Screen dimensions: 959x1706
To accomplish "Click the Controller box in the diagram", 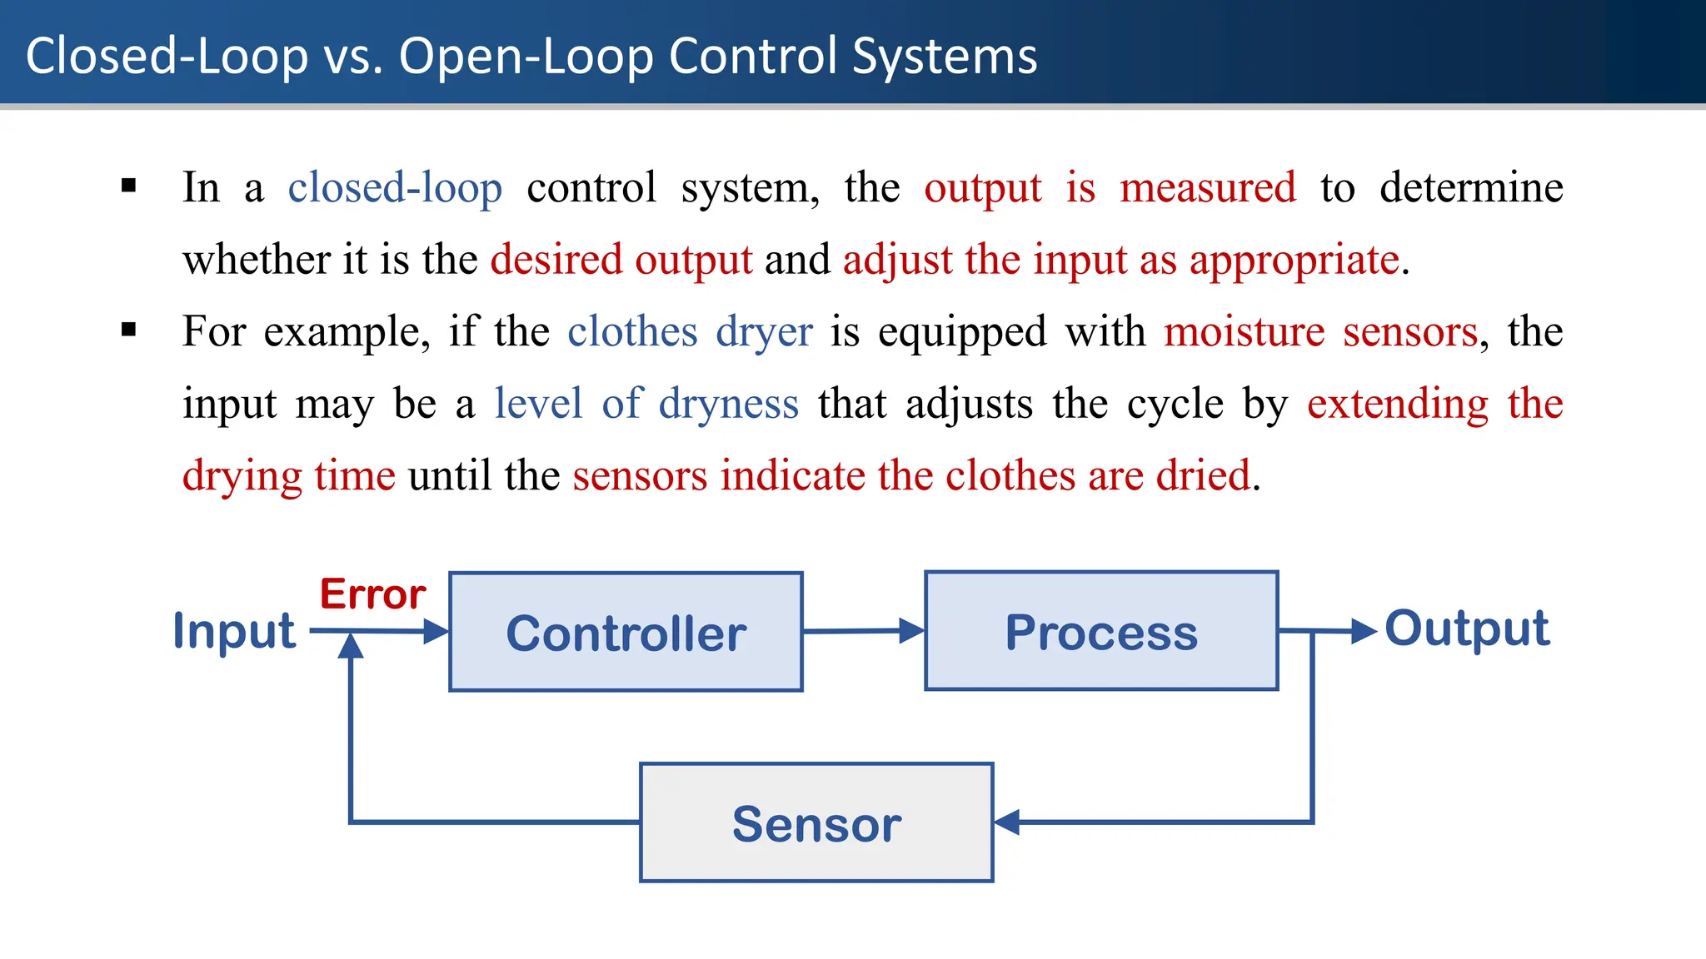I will [626, 632].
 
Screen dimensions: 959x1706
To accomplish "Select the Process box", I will [1101, 631].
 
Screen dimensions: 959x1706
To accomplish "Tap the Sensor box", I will [816, 822].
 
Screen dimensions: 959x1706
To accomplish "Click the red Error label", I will [372, 594].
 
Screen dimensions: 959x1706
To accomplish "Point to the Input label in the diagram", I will [234, 631].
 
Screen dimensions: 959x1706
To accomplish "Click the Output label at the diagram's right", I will [1467, 629].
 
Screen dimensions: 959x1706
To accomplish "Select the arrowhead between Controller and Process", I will [911, 631].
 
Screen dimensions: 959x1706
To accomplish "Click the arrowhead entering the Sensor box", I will [1007, 822].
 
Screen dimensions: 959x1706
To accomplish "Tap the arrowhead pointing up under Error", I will [351, 646].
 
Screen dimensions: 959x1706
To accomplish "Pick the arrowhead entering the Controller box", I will [436, 632].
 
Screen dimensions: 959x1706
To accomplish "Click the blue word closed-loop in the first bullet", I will [395, 187].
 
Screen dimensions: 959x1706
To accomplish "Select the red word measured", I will [1208, 187].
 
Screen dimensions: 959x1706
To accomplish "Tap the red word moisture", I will [1244, 331].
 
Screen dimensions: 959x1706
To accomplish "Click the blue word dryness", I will [729, 404].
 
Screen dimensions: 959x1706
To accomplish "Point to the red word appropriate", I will [1294, 260].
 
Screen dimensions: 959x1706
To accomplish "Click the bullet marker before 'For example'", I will [129, 330].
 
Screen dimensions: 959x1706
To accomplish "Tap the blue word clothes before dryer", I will [632, 331].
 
